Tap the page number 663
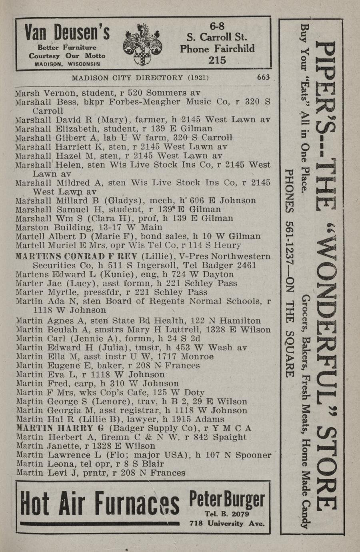pos(264,77)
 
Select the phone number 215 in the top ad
pos(217,60)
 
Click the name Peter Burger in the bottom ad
pos(226,500)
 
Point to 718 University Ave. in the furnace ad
pos(227,523)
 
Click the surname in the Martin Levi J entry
pos(29,473)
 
